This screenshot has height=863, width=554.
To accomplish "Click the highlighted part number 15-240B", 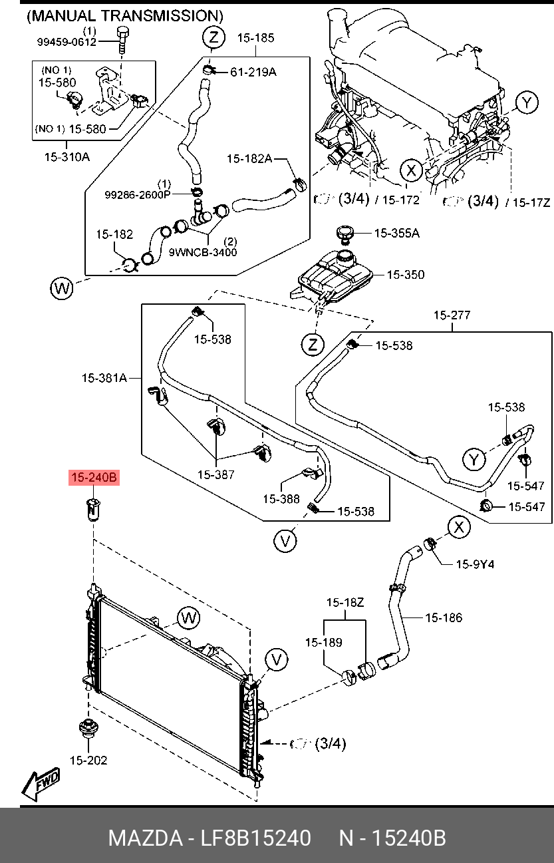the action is (94, 478).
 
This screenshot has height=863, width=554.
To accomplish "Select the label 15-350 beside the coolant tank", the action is (406, 275).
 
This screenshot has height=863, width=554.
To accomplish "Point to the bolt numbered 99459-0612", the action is (122, 41).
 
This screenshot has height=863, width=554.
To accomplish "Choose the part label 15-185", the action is (255, 38).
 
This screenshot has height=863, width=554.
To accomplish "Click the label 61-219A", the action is (253, 72).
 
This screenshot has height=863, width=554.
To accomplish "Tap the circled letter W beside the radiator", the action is (189, 618).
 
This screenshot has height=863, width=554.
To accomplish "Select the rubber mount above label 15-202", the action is (88, 728).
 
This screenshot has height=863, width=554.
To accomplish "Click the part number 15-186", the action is (444, 617).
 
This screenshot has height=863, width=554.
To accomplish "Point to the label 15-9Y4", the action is (475, 564).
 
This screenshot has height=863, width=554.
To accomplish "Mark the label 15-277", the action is (452, 315).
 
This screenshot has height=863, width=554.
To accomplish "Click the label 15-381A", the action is (104, 378).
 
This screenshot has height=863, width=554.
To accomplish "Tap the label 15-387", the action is (216, 474).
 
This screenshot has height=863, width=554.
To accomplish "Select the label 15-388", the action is (281, 499).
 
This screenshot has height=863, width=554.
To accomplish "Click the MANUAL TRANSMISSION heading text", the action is (125, 16).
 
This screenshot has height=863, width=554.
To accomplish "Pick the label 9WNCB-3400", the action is (203, 252).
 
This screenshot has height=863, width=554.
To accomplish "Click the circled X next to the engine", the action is (411, 170).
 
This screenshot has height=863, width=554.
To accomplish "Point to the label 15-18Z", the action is (345, 602).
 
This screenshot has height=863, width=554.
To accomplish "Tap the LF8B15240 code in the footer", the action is (255, 838).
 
